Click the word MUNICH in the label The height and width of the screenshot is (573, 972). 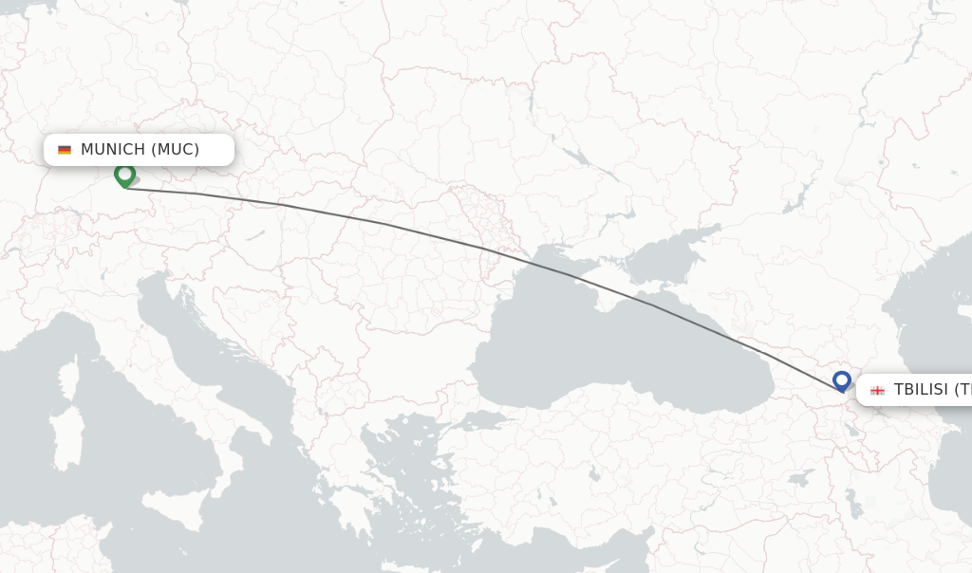pos(113,149)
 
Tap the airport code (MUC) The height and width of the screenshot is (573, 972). pos(176,149)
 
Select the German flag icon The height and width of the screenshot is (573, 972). pos(65,150)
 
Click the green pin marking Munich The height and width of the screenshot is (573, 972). pos(124,175)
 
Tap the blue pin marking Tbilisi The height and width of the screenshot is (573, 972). pos(841,380)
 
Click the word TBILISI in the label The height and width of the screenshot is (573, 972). pos(921,389)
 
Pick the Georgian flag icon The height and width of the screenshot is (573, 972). pos(877,390)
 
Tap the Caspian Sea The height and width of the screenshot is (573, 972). pos(935,323)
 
